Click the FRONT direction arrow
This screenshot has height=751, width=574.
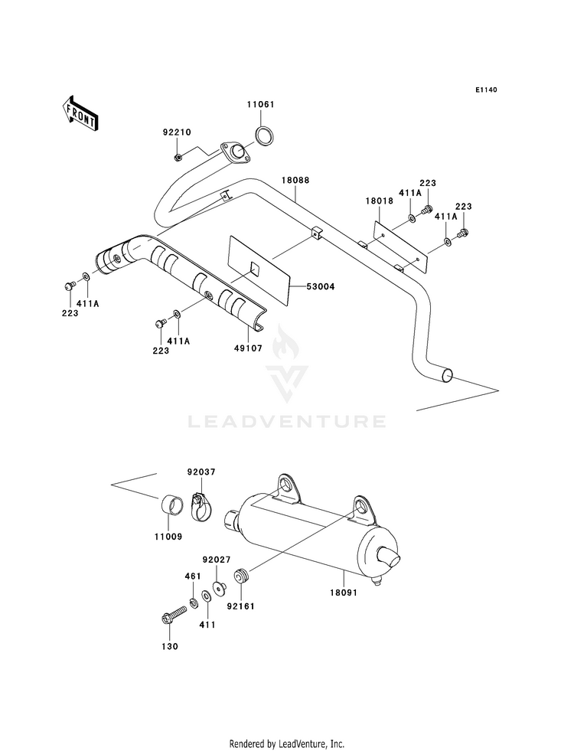point(80,113)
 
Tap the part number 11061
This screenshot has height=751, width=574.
point(261,104)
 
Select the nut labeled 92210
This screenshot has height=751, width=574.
point(177,157)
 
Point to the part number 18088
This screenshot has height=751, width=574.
point(295,181)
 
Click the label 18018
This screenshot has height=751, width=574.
point(380,201)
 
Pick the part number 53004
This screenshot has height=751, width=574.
point(321,287)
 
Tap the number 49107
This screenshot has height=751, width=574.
point(249,348)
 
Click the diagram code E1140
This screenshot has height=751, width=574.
point(487,90)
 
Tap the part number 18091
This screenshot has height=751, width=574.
point(344,593)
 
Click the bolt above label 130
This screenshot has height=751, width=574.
point(174,615)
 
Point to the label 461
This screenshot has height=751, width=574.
point(193,576)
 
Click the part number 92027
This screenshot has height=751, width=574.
point(217,560)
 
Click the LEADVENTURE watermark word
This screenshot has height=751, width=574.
point(287,422)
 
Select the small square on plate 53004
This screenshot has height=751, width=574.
point(255,269)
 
